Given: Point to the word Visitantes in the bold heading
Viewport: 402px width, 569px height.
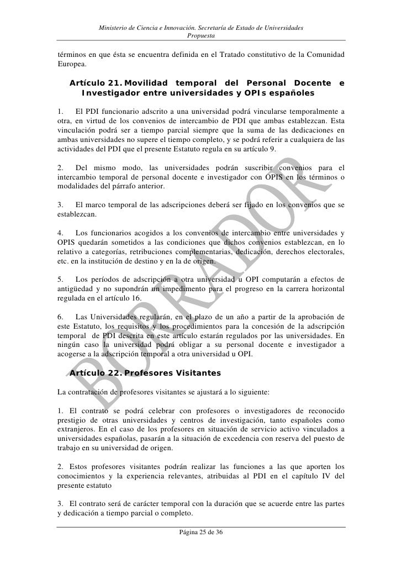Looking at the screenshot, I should pos(197,373).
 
